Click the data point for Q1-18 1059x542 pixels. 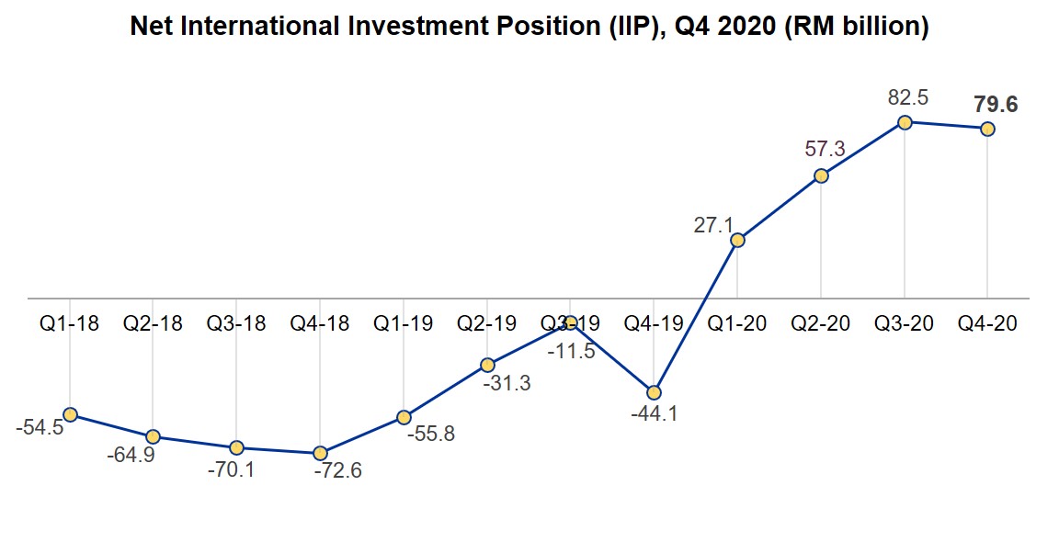70,414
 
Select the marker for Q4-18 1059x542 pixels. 320,453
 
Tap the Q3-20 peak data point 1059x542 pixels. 905,122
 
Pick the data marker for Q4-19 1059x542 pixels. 654,392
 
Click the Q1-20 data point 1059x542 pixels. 737,241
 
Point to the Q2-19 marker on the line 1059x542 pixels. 487,365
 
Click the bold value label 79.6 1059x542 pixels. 996,105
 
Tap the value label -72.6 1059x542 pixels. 337,472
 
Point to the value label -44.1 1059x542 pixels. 654,414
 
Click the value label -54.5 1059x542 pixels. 40,428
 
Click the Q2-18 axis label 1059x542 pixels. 153,324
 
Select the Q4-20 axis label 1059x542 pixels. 987,324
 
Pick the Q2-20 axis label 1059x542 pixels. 821,324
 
